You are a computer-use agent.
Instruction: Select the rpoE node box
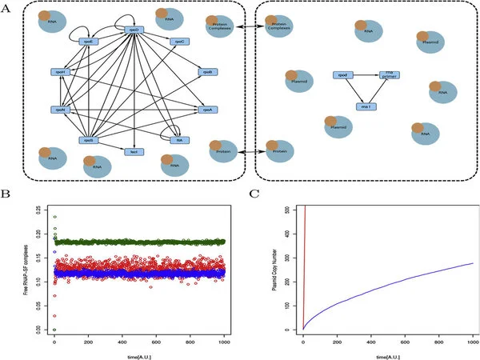89,42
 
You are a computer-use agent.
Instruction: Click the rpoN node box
58,109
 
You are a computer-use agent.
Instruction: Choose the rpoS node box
87,140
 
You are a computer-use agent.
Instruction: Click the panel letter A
6,7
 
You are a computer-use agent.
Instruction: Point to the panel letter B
6,193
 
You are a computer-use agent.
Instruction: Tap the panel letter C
255,193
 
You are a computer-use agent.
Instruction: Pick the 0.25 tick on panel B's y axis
40,209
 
